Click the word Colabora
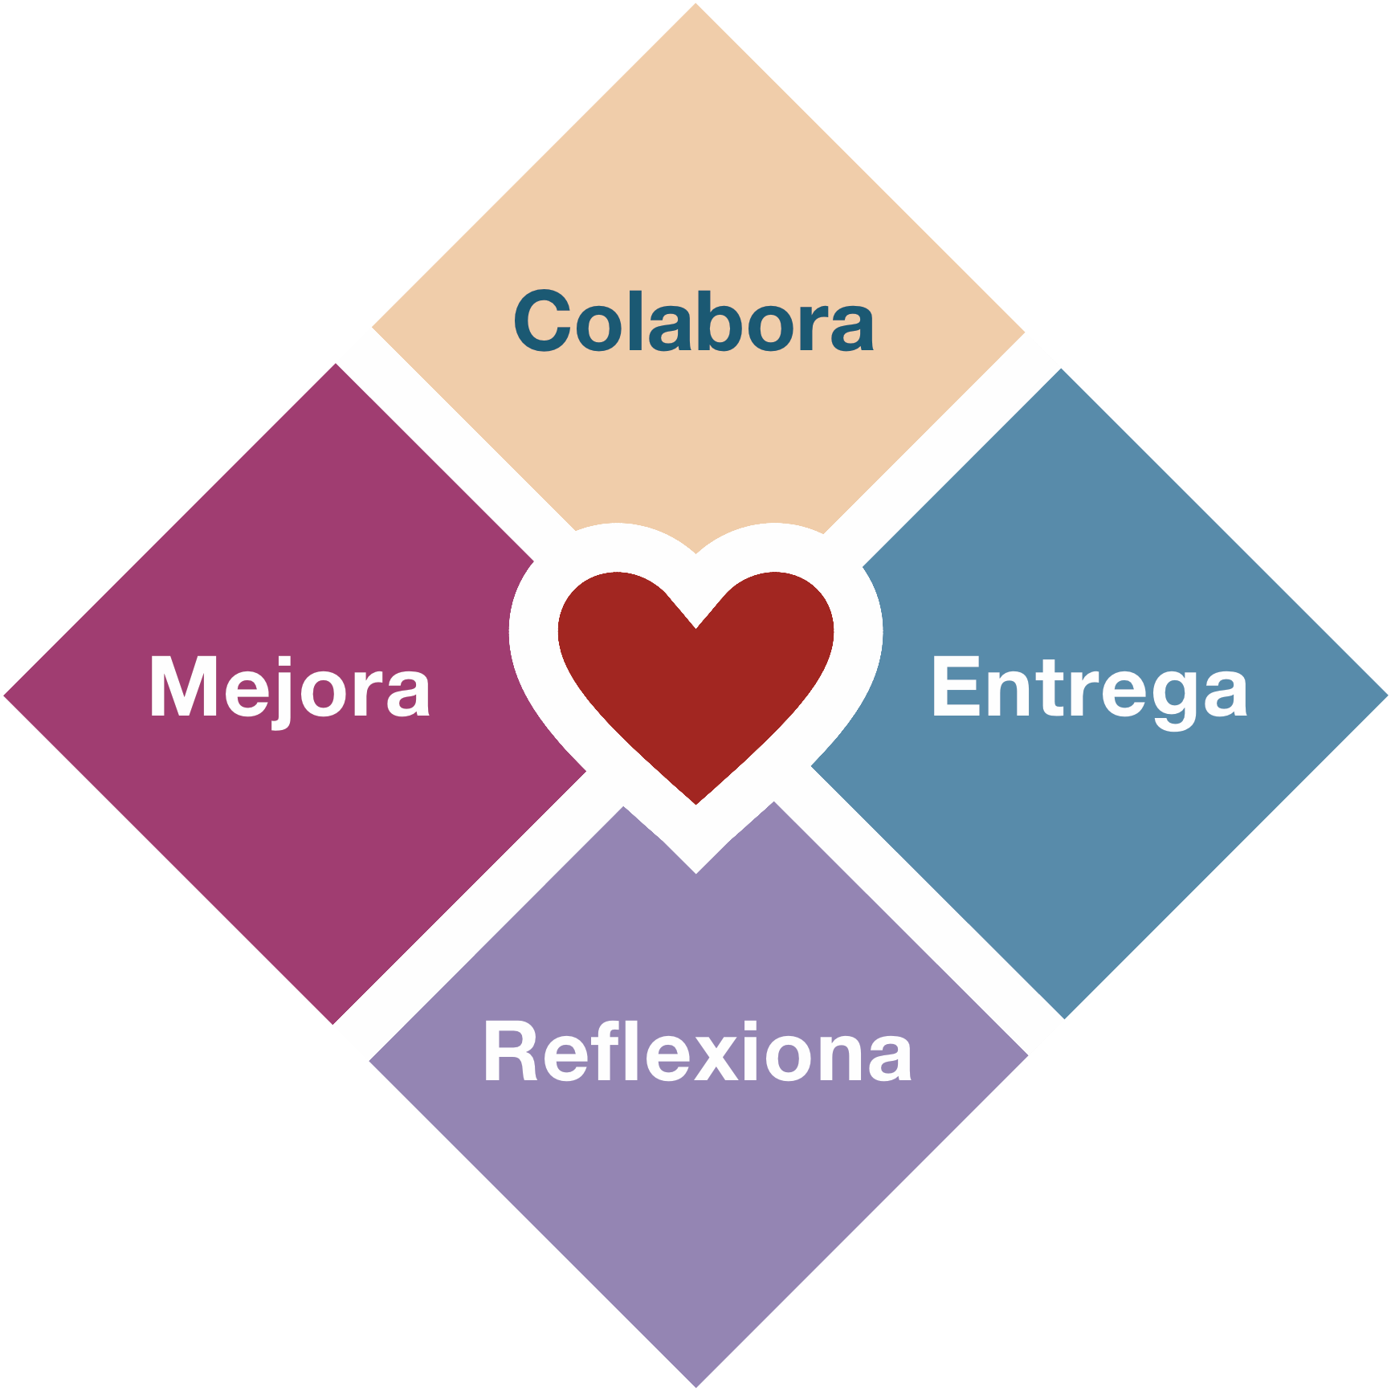click(x=694, y=321)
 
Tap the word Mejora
click(x=290, y=687)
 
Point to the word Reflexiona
click(x=697, y=1052)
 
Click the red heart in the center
click(x=695, y=675)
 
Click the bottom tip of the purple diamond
click(x=695, y=1383)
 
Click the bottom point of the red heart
click(x=695, y=801)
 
